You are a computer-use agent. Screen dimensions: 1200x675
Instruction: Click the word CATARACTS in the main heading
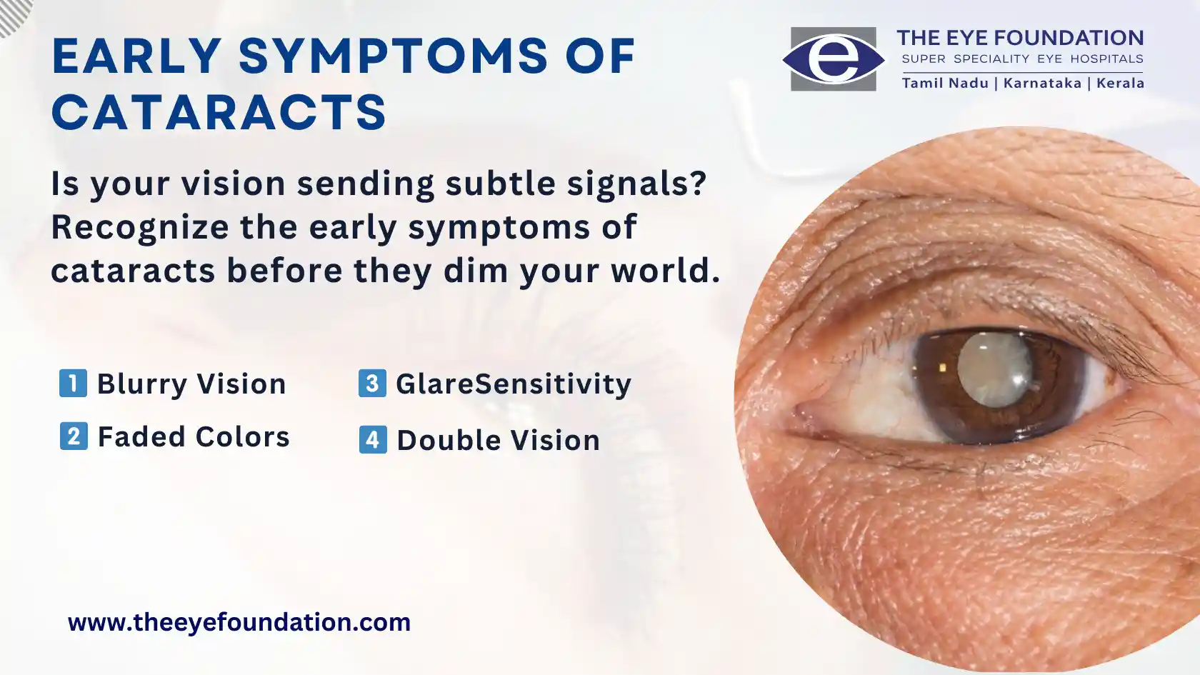click(x=219, y=112)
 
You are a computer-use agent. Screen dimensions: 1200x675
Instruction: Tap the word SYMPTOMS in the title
click(x=393, y=56)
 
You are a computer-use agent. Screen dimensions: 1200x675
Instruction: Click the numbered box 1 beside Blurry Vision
click(x=73, y=383)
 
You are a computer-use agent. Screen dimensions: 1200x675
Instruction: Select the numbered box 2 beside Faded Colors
click(x=74, y=436)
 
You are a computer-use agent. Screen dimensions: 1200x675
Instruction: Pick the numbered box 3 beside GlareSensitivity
click(x=372, y=383)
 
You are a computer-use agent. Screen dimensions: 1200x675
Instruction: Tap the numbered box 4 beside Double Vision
click(x=373, y=440)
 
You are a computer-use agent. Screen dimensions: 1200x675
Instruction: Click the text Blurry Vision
click(x=191, y=384)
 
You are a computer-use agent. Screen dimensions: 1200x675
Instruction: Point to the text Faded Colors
click(x=194, y=436)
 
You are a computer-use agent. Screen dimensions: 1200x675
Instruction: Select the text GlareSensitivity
click(x=514, y=384)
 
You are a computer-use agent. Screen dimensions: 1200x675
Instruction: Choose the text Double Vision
click(x=499, y=440)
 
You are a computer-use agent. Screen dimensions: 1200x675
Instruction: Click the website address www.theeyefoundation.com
click(x=239, y=623)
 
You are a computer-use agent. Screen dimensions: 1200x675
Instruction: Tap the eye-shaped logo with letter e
click(x=834, y=59)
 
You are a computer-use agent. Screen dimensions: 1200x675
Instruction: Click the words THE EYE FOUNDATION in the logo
click(x=1021, y=38)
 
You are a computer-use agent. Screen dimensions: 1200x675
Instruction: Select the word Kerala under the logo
click(x=1121, y=83)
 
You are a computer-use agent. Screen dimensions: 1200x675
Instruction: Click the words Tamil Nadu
click(x=946, y=83)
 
